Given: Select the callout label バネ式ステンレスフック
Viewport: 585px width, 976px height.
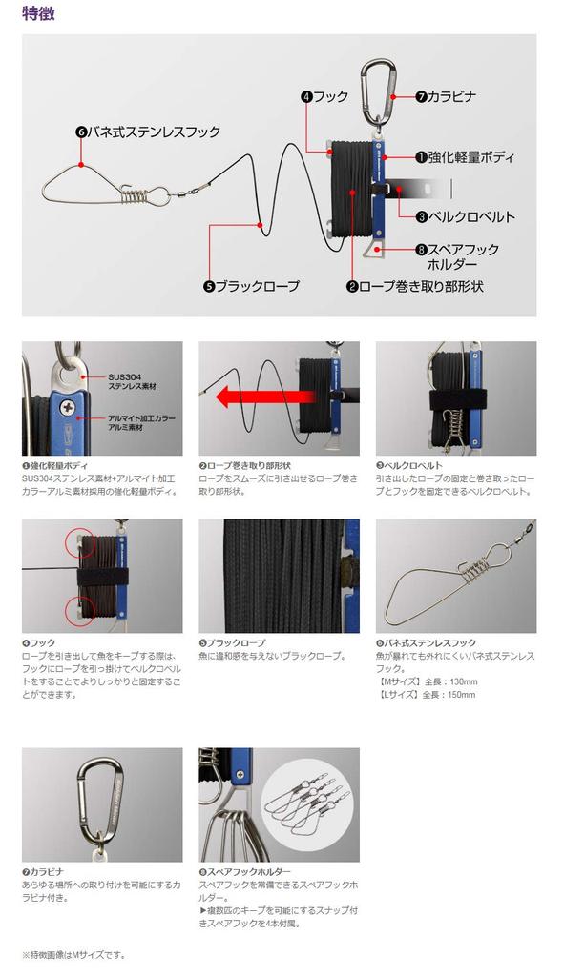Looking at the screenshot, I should (x=154, y=132).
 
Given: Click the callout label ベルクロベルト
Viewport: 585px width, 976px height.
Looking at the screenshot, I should (x=465, y=216).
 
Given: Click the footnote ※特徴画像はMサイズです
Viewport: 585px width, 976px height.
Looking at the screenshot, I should (x=73, y=954).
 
